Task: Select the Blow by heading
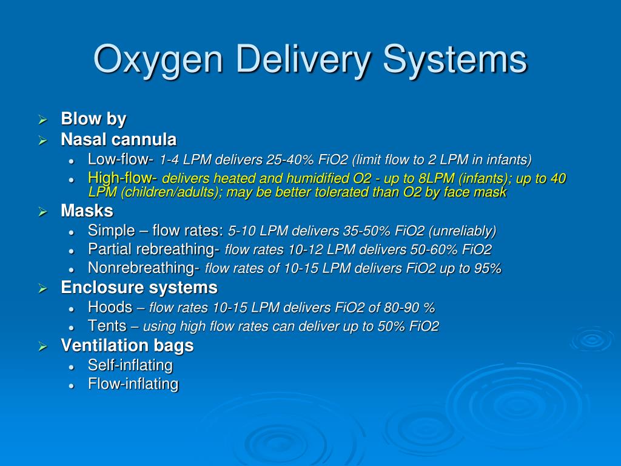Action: [93, 119]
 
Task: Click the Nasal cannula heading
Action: [118, 140]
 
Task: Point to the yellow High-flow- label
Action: [123, 178]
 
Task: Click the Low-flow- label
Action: [121, 160]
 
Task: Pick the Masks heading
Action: [87, 211]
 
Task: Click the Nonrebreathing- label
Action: [144, 268]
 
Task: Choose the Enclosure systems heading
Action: [139, 288]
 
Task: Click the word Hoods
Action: [110, 307]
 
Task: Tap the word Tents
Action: [107, 326]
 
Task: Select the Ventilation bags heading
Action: [127, 346]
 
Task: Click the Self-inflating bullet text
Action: [130, 365]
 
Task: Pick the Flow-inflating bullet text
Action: [133, 384]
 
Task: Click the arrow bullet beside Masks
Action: [43, 212]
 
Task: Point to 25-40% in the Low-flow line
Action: [289, 160]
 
